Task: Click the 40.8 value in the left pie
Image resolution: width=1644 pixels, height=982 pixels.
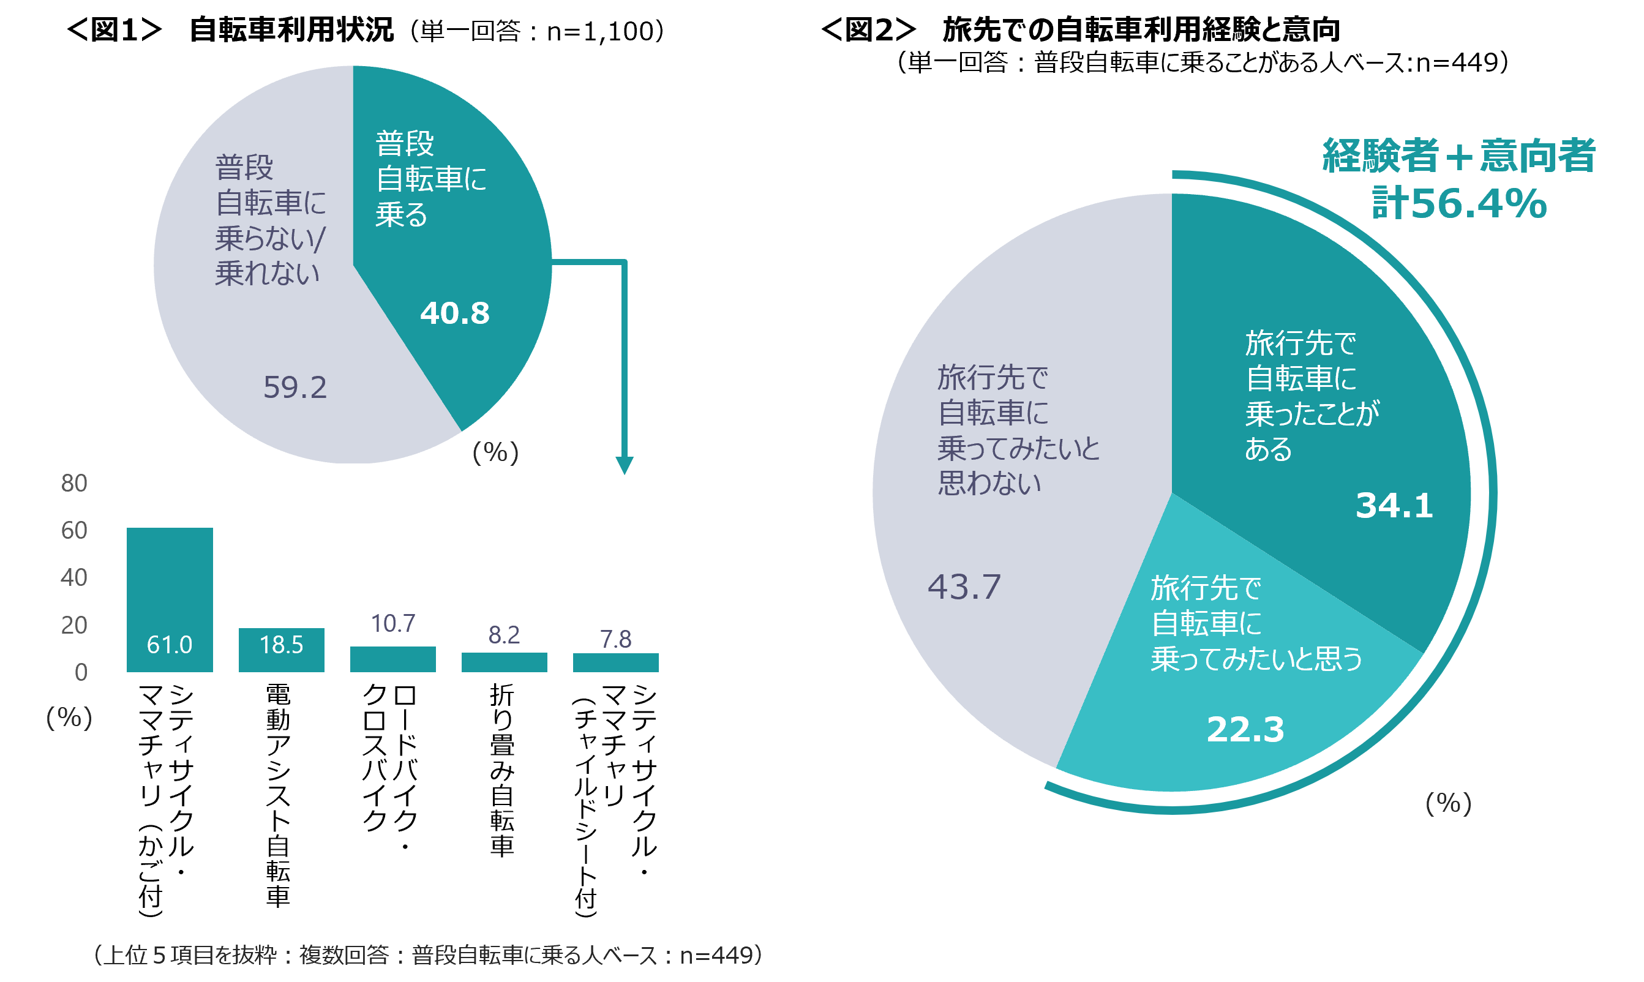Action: [x=455, y=313]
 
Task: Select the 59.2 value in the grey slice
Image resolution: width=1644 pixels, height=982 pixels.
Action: [x=295, y=387]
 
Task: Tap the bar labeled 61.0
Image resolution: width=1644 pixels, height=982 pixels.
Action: [x=170, y=599]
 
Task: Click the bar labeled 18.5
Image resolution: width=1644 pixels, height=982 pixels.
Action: [x=281, y=650]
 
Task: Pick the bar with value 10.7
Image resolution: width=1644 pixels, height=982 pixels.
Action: [x=392, y=659]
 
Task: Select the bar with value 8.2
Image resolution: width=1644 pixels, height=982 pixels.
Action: [x=504, y=662]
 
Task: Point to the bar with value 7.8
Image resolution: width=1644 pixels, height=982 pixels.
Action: [x=615, y=662]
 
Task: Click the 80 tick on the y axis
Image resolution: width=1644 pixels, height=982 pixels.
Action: [x=74, y=483]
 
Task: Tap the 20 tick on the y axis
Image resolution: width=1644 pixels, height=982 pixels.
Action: [x=74, y=624]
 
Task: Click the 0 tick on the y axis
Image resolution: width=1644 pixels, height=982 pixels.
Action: [x=81, y=672]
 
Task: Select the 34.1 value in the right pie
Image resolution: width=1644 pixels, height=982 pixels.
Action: [x=1394, y=506]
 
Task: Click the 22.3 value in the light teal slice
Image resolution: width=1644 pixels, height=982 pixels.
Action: [x=1245, y=729]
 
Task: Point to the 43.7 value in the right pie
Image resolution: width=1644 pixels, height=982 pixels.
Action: [x=964, y=587]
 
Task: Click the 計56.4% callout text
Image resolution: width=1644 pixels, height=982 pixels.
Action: [x=1458, y=203]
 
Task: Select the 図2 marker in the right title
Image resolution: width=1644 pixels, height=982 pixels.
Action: [x=868, y=30]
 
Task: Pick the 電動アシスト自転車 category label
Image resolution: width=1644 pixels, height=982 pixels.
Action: [x=279, y=795]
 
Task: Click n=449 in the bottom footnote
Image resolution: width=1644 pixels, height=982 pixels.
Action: [x=716, y=955]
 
